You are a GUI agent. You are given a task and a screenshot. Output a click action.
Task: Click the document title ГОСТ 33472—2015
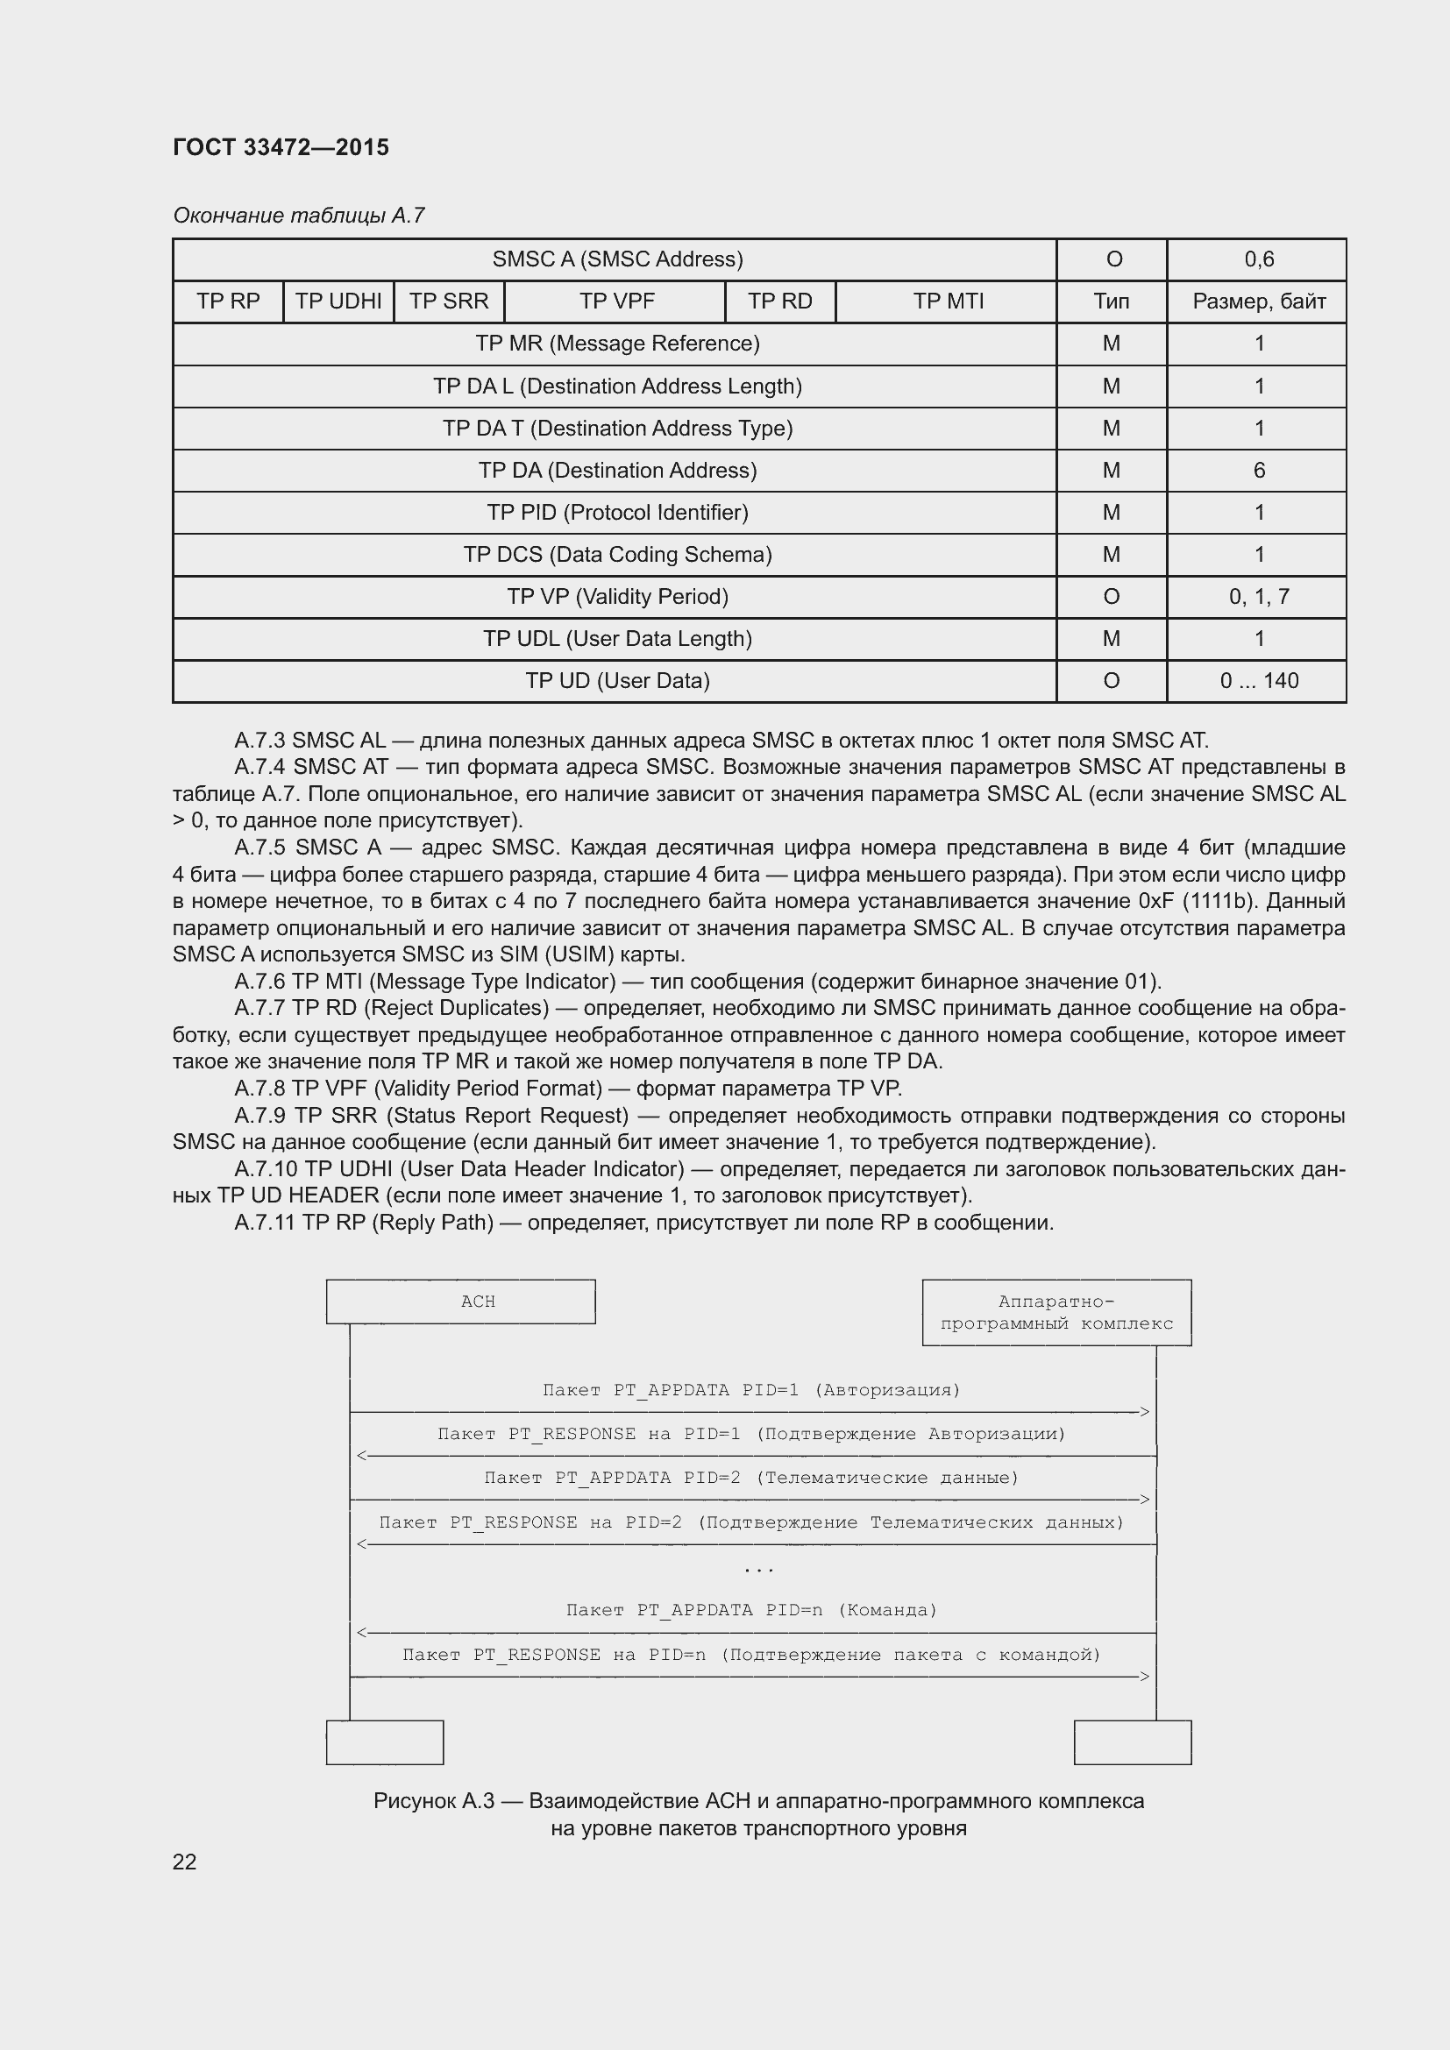click(x=281, y=147)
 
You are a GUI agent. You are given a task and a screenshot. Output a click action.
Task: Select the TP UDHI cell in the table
click(x=338, y=301)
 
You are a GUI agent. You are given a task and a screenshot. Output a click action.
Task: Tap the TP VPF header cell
click(x=616, y=301)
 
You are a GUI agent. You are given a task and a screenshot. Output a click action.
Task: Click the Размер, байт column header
click(x=1258, y=301)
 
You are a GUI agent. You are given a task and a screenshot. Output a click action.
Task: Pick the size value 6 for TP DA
click(x=1258, y=471)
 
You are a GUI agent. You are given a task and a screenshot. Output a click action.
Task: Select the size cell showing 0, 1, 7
click(x=1258, y=597)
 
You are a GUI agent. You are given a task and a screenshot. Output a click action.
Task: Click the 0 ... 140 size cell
click(x=1258, y=681)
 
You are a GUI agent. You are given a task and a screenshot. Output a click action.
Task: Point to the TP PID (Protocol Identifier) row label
click(x=617, y=513)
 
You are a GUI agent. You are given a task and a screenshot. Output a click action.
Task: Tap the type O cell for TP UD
click(x=1111, y=681)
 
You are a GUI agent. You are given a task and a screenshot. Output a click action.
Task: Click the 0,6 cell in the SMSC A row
click(x=1258, y=259)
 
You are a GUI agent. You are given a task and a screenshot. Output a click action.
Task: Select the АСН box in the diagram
click(x=461, y=1302)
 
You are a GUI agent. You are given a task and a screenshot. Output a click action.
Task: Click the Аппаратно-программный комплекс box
click(x=1056, y=1313)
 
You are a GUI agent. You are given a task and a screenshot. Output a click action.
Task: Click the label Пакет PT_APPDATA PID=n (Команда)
click(x=752, y=1610)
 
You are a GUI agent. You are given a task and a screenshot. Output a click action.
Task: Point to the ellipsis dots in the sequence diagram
click(x=758, y=1569)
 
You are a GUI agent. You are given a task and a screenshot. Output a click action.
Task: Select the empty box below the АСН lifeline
click(x=385, y=1742)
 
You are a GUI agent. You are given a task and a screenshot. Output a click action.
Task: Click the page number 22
click(x=184, y=1862)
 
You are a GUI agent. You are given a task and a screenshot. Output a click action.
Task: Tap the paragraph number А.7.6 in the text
click(x=259, y=982)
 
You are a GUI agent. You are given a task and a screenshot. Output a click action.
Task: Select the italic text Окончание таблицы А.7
click(x=298, y=216)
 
